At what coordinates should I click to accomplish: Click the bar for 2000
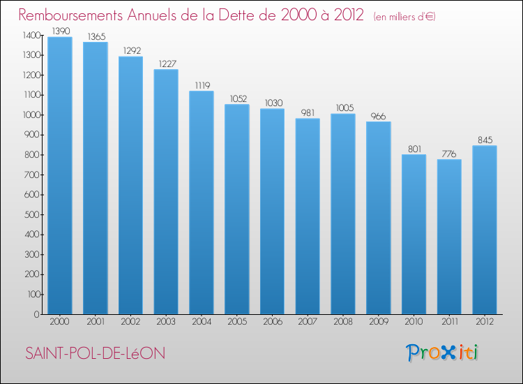(x=60, y=176)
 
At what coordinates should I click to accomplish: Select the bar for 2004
(x=202, y=202)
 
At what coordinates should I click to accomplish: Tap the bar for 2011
(x=449, y=237)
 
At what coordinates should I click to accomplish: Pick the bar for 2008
(x=343, y=214)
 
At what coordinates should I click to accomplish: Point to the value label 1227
(x=166, y=64)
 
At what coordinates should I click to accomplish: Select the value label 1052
(x=237, y=98)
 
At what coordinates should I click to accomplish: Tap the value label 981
(x=308, y=112)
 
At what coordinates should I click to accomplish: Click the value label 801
(x=414, y=149)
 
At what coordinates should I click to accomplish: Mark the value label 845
(x=485, y=140)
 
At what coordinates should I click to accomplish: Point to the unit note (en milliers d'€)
(x=404, y=16)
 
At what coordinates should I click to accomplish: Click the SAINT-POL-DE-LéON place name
(x=95, y=354)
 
